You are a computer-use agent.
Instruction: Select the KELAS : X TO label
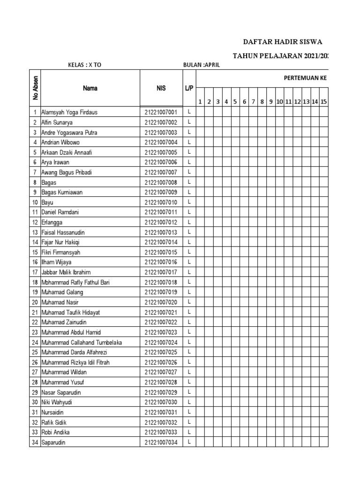tap(84, 65)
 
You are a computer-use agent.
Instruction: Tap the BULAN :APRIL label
tap(201, 65)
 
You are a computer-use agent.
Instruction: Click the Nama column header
tap(90, 88)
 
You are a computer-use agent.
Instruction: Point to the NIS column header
tap(161, 88)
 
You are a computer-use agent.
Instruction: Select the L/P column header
tap(189, 88)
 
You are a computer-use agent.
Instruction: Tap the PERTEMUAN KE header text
tap(305, 78)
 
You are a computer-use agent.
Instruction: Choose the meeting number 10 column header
tap(279, 102)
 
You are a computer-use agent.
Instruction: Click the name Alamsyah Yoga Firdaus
tap(69, 112)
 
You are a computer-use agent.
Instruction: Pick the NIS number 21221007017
tap(161, 272)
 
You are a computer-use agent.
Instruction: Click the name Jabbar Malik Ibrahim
tap(66, 272)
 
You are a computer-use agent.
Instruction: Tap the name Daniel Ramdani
tap(60, 212)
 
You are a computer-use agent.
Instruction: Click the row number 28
tap(35, 382)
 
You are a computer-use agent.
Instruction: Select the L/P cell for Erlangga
tap(189, 222)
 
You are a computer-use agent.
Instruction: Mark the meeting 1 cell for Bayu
tap(200, 202)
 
